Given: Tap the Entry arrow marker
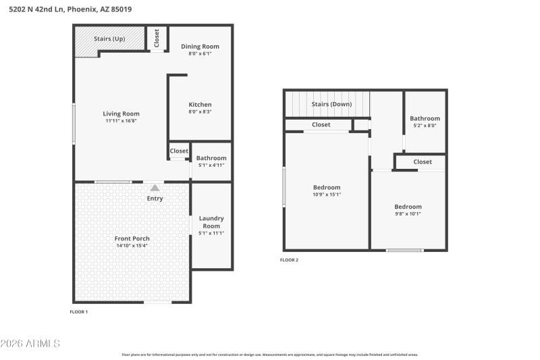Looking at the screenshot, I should coord(155,188).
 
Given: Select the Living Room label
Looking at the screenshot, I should coord(121,113).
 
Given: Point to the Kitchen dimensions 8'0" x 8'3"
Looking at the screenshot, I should coord(200,113).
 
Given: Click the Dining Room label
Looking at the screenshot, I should coord(200,46).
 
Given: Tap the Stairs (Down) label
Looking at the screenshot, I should coord(331,104).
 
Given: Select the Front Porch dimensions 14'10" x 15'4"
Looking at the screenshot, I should coord(132,247).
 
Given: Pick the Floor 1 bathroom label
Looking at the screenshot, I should coord(211,158).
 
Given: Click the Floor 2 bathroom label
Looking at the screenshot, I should coord(425,118).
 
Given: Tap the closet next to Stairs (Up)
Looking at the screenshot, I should coord(157,38).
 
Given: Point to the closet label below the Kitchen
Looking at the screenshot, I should coord(179,151).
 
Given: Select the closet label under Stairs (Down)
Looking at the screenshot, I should coord(321,124).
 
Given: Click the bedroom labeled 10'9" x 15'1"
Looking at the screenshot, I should coord(327,187).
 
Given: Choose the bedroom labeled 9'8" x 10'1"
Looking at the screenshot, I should coord(408,207).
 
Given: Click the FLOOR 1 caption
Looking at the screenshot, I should coord(79,312).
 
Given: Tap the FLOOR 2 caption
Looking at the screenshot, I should coord(289,259).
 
